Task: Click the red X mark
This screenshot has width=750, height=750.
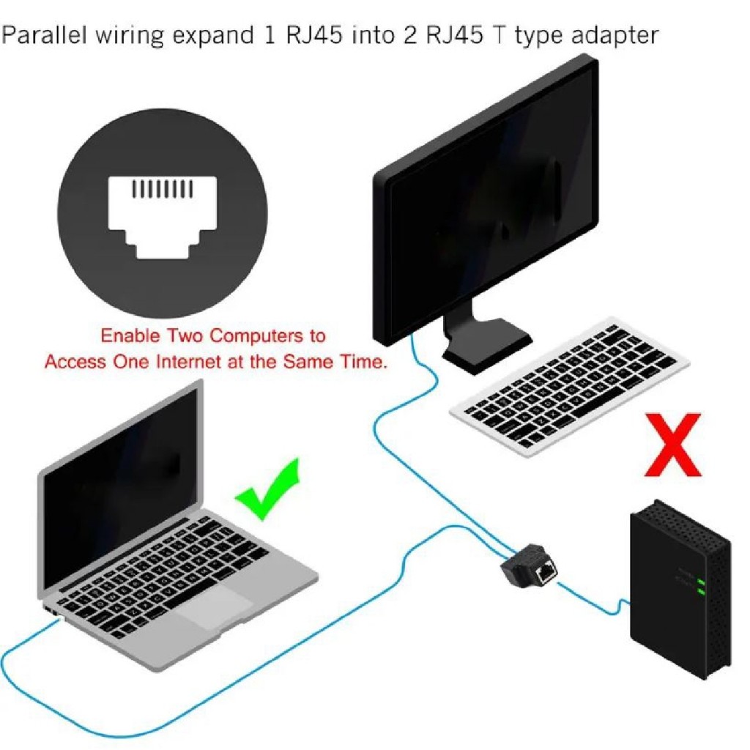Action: pyautogui.click(x=673, y=445)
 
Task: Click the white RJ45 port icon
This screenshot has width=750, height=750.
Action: pyautogui.click(x=162, y=217)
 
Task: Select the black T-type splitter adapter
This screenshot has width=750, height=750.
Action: pyautogui.click(x=529, y=565)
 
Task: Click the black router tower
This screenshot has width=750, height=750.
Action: pyautogui.click(x=680, y=590)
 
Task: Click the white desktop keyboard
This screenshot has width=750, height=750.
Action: pyautogui.click(x=569, y=387)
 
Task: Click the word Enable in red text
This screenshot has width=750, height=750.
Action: pyautogui.click(x=130, y=335)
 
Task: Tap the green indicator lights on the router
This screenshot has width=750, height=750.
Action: pyautogui.click(x=702, y=587)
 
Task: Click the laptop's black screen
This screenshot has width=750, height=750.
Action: pyautogui.click(x=119, y=483)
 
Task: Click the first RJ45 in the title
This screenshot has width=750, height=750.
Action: pyautogui.click(x=314, y=36)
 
